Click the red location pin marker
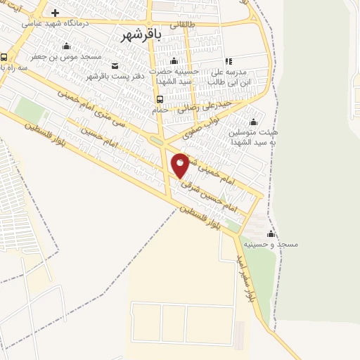coord(180,165)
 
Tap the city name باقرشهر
coord(141,36)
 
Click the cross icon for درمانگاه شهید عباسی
coord(55,13)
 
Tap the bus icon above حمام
coord(160,99)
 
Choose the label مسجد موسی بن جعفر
coord(66,56)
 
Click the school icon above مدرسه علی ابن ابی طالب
coord(228,61)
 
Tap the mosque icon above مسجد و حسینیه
coord(271,233)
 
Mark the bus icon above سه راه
coord(4,58)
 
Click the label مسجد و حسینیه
coord(271,244)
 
